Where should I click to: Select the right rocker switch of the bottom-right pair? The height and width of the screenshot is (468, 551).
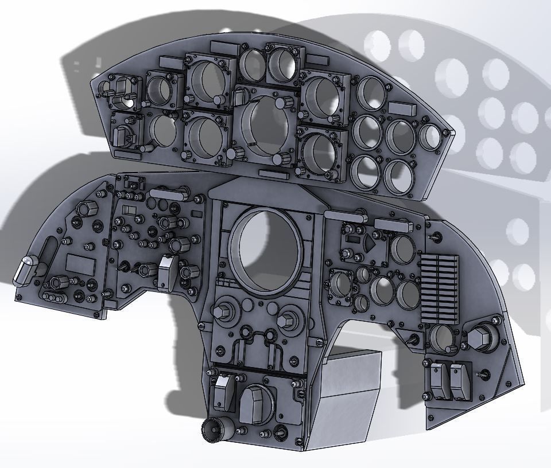coord(459,380)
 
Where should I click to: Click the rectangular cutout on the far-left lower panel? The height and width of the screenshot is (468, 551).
coord(80,264)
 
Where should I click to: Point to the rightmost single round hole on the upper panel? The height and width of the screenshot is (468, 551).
coord(430,136)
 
